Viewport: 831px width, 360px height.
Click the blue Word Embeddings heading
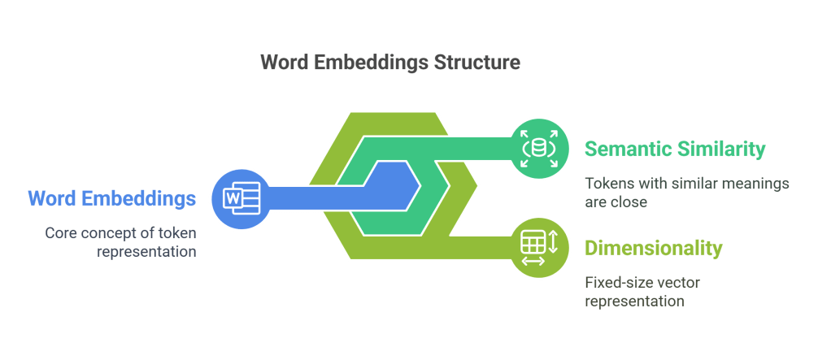(111, 198)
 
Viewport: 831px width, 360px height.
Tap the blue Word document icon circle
(239, 198)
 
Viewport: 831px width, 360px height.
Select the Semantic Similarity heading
(675, 149)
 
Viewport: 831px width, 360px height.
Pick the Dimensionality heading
(653, 248)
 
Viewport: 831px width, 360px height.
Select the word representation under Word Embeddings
(147, 251)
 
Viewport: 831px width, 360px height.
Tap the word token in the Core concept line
(176, 233)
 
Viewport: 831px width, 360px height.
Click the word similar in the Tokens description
(690, 184)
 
